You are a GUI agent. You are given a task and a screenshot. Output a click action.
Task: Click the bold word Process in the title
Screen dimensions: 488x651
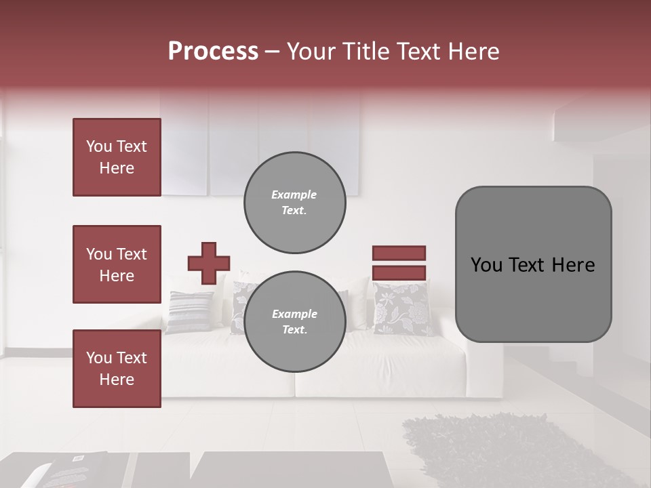[x=213, y=52]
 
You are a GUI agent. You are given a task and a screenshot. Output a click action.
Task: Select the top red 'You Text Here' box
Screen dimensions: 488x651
[x=117, y=157]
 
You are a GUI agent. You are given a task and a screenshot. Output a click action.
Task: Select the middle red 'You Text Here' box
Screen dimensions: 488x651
[x=117, y=264]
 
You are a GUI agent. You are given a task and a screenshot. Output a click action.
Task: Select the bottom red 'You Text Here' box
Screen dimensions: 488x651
[x=117, y=369]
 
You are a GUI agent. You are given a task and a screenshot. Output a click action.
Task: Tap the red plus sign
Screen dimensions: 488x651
[x=209, y=263]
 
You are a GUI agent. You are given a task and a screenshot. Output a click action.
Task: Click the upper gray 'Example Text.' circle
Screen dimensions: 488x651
[x=295, y=202]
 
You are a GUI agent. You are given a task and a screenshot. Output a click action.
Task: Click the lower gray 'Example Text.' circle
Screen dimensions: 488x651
[x=295, y=322]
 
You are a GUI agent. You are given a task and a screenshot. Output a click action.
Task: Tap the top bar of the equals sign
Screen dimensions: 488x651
[x=399, y=253]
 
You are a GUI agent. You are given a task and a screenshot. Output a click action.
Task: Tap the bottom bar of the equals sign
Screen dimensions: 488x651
[x=399, y=272]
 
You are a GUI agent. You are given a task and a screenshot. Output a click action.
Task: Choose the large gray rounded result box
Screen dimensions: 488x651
[x=533, y=264]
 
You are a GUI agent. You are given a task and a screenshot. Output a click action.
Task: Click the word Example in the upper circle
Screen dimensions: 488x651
[x=294, y=195]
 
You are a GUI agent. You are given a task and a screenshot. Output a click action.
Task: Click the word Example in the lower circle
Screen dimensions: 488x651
[x=294, y=314]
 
